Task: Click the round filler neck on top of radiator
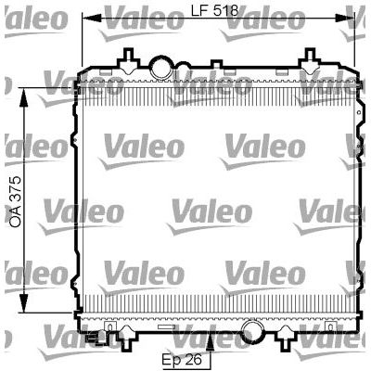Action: pos(161,68)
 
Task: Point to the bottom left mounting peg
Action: pos(110,331)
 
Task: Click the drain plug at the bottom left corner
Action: pos(91,336)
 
